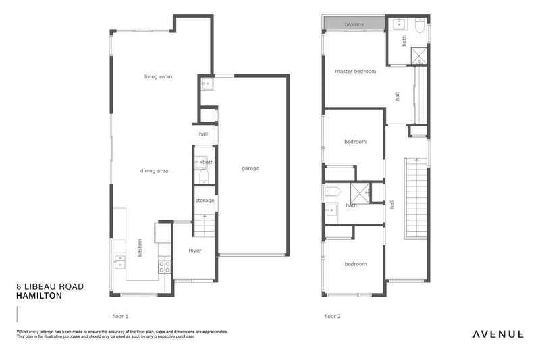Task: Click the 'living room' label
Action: pyautogui.click(x=158, y=76)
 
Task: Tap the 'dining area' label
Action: pyautogui.click(x=154, y=171)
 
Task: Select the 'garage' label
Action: pyautogui.click(x=250, y=168)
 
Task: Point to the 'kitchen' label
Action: pyautogui.click(x=140, y=247)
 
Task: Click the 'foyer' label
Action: pyautogui.click(x=195, y=251)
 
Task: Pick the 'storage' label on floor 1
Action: pyautogui.click(x=205, y=201)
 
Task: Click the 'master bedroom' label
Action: pyautogui.click(x=355, y=71)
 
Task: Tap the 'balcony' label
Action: pyautogui.click(x=354, y=25)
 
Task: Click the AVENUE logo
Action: pyautogui.click(x=498, y=333)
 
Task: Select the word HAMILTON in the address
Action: pyautogui.click(x=39, y=295)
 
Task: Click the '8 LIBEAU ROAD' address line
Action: pyautogui.click(x=50, y=286)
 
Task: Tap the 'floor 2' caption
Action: pyautogui.click(x=332, y=316)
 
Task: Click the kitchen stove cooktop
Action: pyautogui.click(x=164, y=265)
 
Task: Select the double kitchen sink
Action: pyautogui.click(x=119, y=261)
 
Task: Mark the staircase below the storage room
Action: pyautogui.click(x=205, y=224)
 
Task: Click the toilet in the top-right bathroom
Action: pyautogui.click(x=419, y=29)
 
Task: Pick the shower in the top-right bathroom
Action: pyautogui.click(x=419, y=55)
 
